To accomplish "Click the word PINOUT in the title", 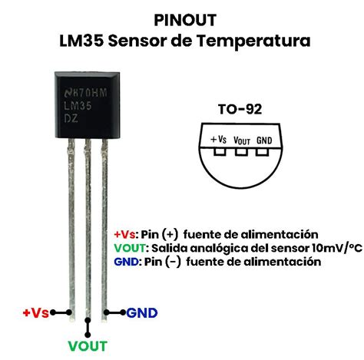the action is (185, 20).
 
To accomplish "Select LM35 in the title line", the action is (81, 41).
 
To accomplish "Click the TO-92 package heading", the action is (240, 109).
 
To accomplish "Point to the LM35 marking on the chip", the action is (78, 106).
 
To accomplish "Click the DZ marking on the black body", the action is (71, 118).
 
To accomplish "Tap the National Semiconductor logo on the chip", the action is (68, 93).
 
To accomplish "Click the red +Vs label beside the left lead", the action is (35, 312).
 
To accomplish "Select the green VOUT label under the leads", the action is (88, 346).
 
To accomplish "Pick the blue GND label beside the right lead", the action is (142, 313).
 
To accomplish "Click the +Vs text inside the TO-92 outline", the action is (218, 140).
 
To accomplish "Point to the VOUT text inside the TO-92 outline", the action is (242, 140).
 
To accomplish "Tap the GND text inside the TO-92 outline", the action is (264, 140).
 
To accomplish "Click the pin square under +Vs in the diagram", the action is (220, 152).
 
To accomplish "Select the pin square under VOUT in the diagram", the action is (241, 152).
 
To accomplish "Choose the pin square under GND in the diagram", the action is (262, 152).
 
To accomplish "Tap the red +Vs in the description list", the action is (124, 234).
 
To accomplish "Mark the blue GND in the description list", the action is (126, 262).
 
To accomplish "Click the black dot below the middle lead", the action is (88, 335).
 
